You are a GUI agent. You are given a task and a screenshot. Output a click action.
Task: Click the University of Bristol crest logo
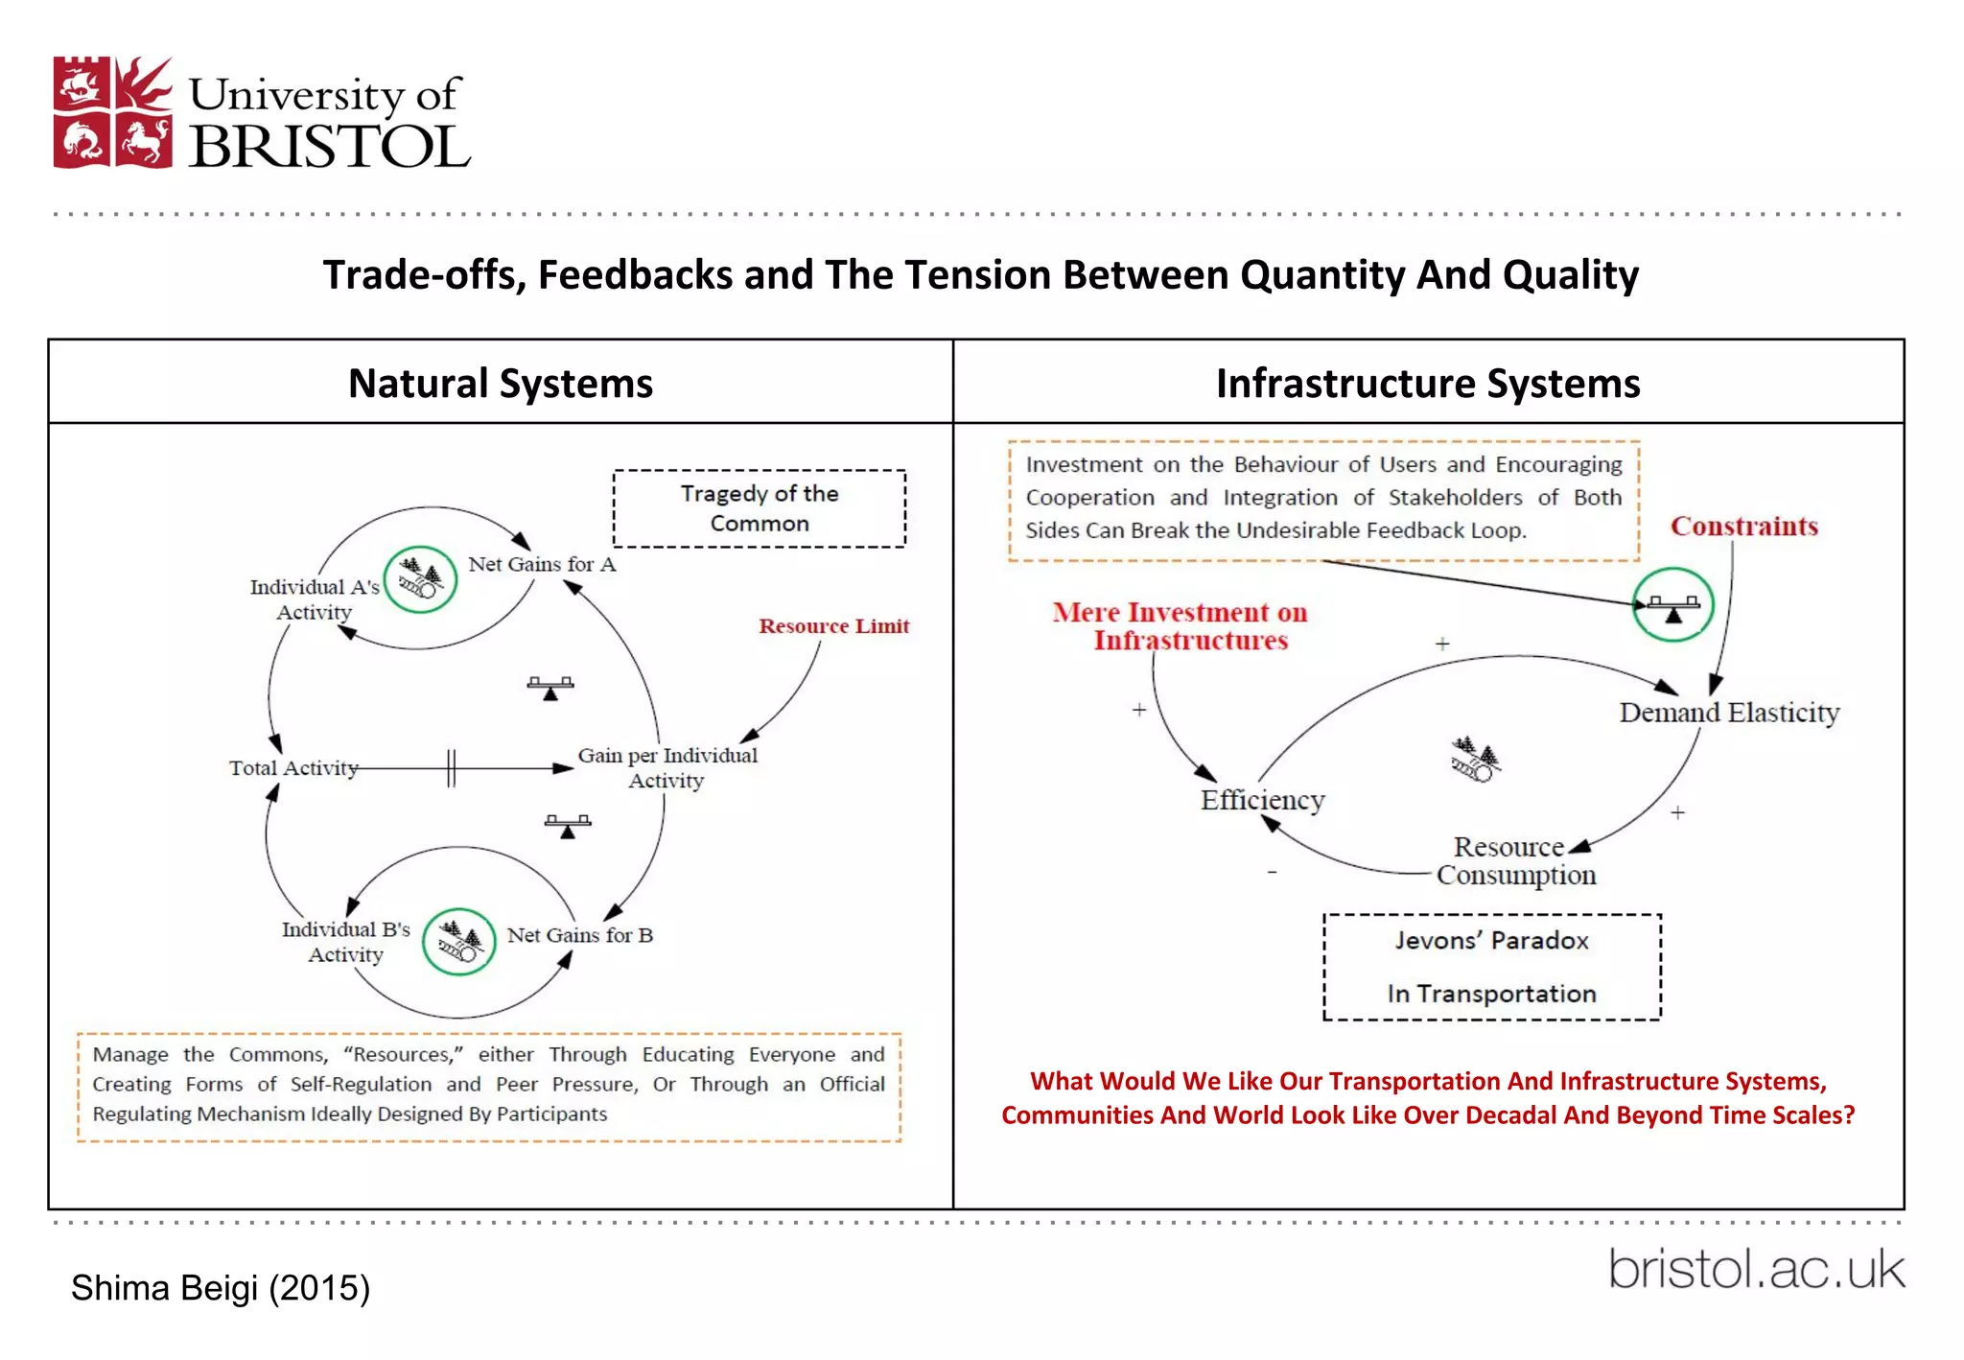point(113,112)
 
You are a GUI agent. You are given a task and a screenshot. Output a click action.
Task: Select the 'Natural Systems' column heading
point(500,384)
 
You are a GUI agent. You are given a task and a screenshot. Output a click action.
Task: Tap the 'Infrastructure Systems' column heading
point(1427,384)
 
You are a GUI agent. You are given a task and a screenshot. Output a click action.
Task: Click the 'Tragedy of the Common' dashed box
point(759,508)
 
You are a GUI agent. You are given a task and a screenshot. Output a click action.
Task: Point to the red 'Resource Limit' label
point(833,626)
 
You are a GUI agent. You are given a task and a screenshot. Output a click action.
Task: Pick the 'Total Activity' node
point(293,768)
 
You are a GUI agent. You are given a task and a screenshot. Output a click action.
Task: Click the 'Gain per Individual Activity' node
point(667,767)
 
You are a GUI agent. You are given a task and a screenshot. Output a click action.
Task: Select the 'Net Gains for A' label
point(542,565)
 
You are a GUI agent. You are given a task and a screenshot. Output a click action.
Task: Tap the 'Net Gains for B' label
point(579,935)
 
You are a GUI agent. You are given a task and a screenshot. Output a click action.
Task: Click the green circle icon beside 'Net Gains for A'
point(420,579)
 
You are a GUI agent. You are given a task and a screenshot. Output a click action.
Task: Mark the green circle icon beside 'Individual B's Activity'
point(459,942)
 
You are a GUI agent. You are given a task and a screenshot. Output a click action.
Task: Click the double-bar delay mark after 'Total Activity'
point(451,768)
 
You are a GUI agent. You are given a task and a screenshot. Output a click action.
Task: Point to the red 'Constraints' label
point(1743,527)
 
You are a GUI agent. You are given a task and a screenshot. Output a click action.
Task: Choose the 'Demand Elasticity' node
point(1729,713)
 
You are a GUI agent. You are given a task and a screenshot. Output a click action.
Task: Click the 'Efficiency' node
point(1262,800)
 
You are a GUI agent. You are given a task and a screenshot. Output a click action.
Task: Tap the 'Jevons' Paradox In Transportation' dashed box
point(1491,967)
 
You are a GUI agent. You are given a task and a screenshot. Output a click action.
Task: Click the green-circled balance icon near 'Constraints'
point(1673,605)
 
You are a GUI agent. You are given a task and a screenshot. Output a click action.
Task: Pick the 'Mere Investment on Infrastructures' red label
point(1181,626)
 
